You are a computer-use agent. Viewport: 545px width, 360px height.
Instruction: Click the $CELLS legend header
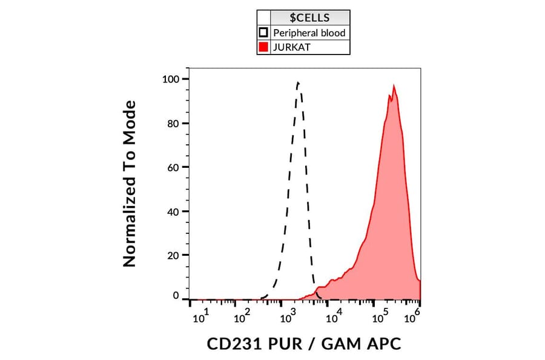[x=309, y=18]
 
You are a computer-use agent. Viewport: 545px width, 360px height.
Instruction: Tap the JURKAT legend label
[x=291, y=47]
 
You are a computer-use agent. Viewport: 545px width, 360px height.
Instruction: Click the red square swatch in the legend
[x=263, y=47]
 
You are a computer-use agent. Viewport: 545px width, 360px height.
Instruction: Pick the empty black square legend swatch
[x=263, y=32]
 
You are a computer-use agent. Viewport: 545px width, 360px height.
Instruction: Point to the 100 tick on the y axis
[x=171, y=79]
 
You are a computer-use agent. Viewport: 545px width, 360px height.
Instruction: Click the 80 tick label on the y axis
[x=174, y=123]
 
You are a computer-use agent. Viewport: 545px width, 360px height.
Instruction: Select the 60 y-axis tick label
[x=174, y=167]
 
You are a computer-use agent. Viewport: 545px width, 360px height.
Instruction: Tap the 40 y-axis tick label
[x=174, y=212]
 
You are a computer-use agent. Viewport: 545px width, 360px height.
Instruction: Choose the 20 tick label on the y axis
[x=174, y=255]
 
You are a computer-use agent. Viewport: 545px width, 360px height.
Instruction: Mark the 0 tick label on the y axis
[x=177, y=296]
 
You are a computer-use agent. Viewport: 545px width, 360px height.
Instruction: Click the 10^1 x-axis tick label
[x=201, y=316]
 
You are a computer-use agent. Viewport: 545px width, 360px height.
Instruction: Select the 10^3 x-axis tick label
[x=287, y=316]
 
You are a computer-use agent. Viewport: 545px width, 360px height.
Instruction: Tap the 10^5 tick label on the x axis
[x=381, y=316]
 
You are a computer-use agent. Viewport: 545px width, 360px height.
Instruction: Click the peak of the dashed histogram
[x=298, y=82]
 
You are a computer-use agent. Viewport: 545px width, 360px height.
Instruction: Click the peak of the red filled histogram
[x=394, y=86]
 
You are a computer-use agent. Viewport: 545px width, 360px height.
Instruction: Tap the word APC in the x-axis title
[x=383, y=344]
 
